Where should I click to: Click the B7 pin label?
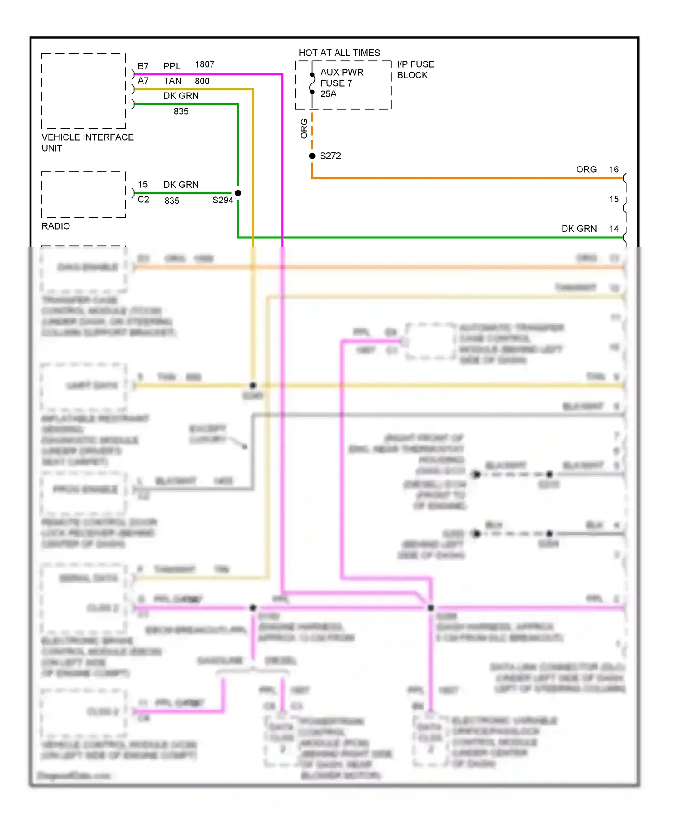(143, 66)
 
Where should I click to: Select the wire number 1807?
(204, 64)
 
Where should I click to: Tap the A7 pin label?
(143, 81)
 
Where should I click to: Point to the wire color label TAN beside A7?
(172, 81)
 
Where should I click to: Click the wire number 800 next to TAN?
(202, 81)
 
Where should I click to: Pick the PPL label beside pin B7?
(172, 66)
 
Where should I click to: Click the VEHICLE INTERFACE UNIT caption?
(87, 142)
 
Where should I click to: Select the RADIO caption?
(55, 226)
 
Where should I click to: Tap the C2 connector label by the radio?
(143, 200)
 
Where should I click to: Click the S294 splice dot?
(238, 193)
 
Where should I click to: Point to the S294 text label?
(222, 200)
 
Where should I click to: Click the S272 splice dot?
(312, 156)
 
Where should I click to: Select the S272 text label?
(330, 156)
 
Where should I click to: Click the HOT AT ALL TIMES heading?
(339, 53)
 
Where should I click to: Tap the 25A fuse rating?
(328, 94)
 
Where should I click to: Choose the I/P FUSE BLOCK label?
(415, 69)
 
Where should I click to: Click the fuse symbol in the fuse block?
(312, 83)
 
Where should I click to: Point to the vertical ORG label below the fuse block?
(304, 128)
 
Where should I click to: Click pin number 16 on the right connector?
(614, 170)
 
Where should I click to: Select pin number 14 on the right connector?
(614, 229)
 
